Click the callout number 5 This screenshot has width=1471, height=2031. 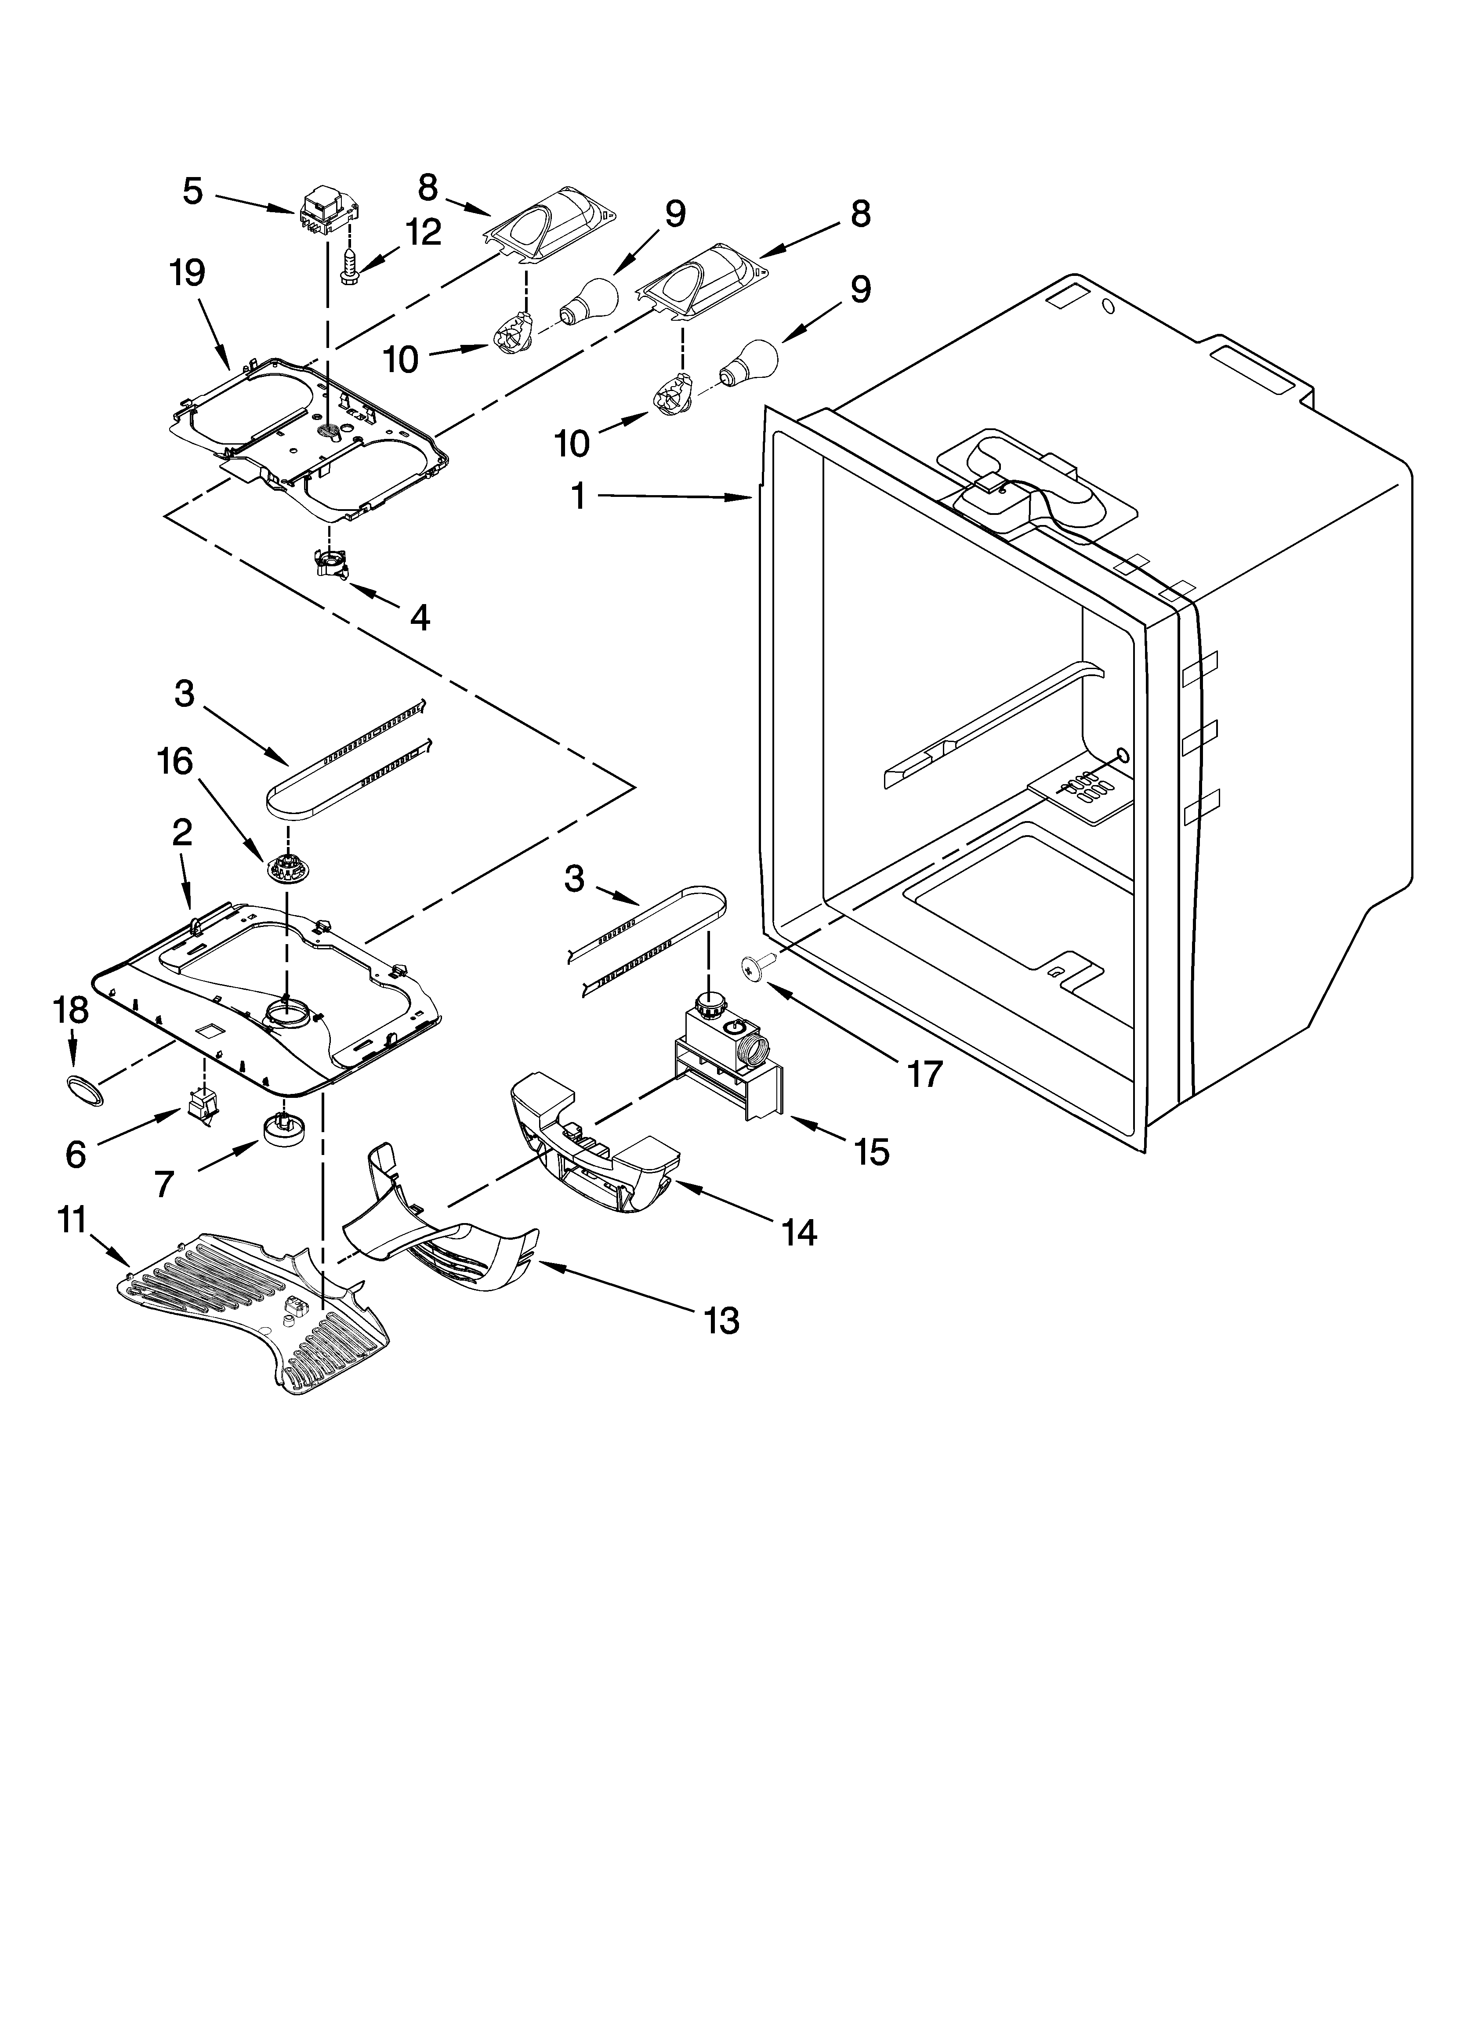click(x=192, y=191)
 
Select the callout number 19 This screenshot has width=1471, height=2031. click(x=187, y=273)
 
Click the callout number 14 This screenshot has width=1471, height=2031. click(x=798, y=1233)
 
